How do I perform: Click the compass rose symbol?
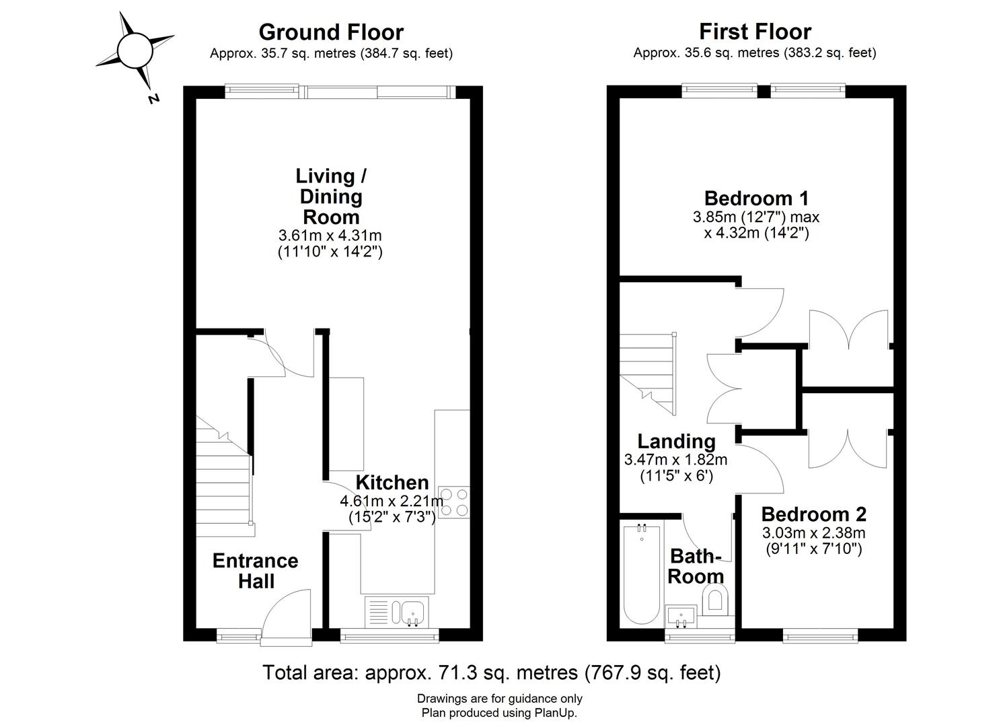[x=135, y=50]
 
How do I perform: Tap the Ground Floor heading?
[x=331, y=32]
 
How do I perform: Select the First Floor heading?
[x=755, y=32]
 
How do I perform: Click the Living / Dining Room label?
[x=331, y=197]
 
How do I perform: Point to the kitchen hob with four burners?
[x=453, y=501]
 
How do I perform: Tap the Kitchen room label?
[x=392, y=483]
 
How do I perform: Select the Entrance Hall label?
[x=256, y=571]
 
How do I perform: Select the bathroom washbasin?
[x=681, y=615]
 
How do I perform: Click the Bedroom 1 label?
[x=756, y=199]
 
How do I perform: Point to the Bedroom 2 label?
[x=813, y=514]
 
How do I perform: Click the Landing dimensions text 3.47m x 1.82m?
[x=675, y=460]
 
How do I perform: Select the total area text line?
[x=491, y=672]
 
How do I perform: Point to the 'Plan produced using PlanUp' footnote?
[x=499, y=713]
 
